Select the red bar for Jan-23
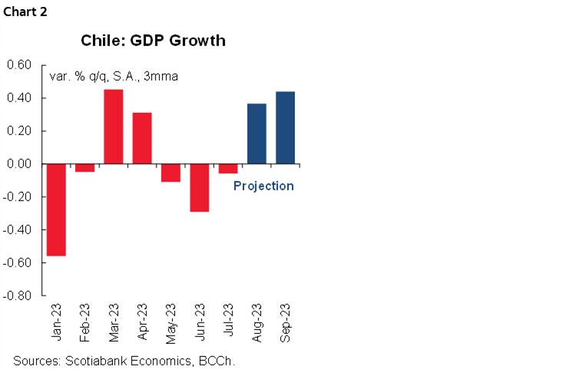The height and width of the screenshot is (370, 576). pos(56,210)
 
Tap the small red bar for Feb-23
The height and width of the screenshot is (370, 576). pos(84,168)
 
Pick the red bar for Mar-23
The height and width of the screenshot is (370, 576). pos(114,127)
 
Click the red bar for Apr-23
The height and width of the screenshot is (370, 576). pos(142,138)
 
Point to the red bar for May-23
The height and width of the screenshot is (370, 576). pos(170,173)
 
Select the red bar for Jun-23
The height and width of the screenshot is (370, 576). pos(200,187)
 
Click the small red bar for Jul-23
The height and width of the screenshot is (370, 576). pos(228,169)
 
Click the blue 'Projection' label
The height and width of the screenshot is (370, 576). pos(263,186)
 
